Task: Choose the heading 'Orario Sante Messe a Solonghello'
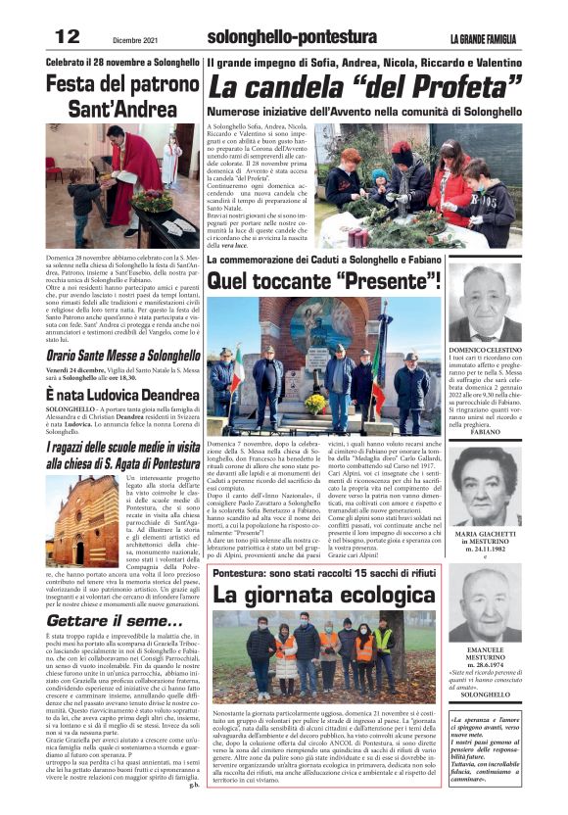122,357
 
